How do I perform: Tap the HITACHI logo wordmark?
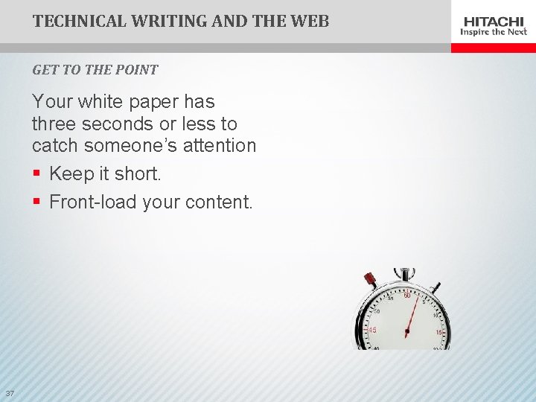[x=494, y=22]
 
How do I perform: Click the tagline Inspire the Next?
[x=494, y=32]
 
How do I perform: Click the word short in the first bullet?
[x=138, y=174]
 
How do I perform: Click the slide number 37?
[x=10, y=393]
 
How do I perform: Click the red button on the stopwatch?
[x=369, y=281]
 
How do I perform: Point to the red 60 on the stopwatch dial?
[x=407, y=296]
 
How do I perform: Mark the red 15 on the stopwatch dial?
[x=440, y=331]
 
